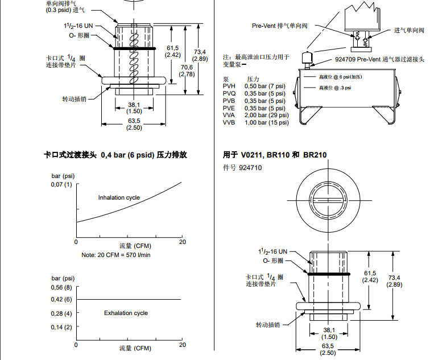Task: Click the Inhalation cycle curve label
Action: (x=119, y=198)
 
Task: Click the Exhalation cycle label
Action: (x=126, y=313)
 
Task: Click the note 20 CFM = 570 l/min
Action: (x=116, y=254)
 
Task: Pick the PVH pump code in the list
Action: (x=229, y=85)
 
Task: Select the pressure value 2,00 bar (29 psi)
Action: (x=267, y=115)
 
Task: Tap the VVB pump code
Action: (x=229, y=123)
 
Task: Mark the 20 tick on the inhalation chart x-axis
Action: (x=182, y=242)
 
